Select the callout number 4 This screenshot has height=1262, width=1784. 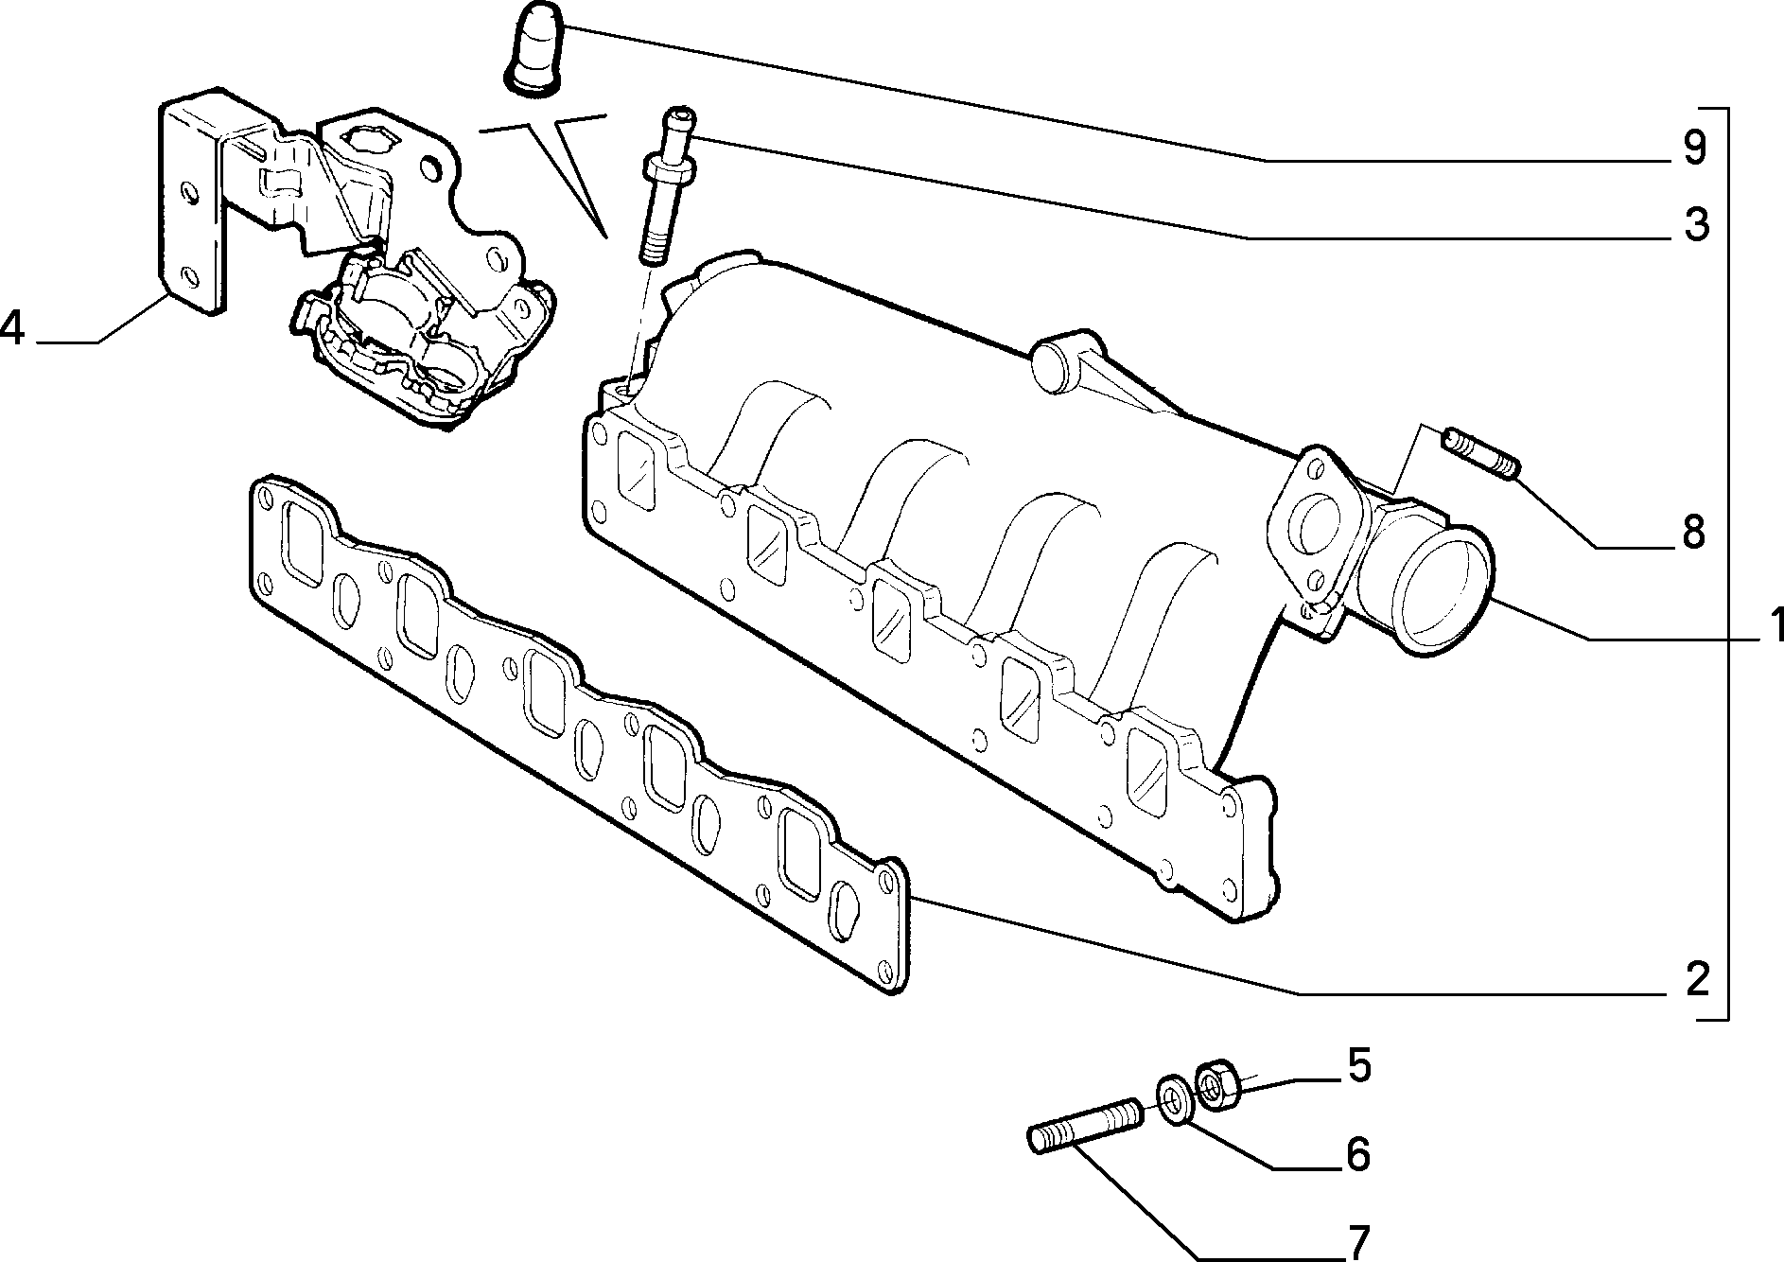coord(13,327)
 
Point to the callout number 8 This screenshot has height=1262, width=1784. coord(1693,533)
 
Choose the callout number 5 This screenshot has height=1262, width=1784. coord(1358,1067)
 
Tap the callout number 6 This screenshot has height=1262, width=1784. coord(1357,1154)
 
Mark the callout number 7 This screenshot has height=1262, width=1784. coord(1357,1240)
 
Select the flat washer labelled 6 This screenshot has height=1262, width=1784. coord(1174,1101)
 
